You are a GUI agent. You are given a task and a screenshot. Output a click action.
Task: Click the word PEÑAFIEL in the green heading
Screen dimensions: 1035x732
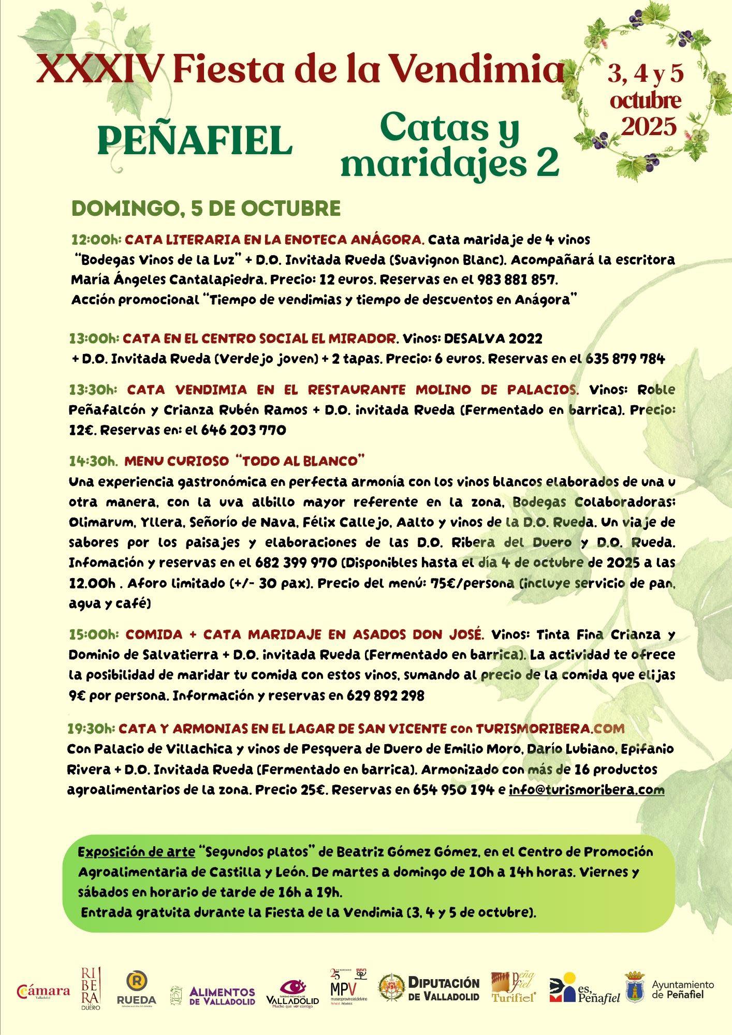click(195, 141)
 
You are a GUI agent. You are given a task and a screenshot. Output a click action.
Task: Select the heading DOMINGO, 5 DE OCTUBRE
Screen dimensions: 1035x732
click(206, 208)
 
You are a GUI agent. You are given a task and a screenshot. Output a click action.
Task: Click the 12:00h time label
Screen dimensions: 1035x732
click(96, 240)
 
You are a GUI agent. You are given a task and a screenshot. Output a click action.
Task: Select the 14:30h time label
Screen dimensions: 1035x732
click(94, 461)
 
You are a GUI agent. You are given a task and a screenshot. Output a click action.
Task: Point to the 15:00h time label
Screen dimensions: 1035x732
click(94, 634)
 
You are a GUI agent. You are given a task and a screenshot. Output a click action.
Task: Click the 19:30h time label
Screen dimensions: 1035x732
click(91, 729)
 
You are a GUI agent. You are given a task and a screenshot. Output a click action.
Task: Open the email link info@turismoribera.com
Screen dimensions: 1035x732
click(587, 790)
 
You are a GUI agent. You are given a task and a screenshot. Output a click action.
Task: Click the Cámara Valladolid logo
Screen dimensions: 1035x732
click(43, 992)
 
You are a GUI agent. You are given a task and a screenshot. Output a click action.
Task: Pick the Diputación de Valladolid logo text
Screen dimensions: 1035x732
click(444, 988)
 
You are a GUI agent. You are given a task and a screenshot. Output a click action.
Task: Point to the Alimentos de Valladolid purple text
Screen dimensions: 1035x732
click(222, 996)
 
